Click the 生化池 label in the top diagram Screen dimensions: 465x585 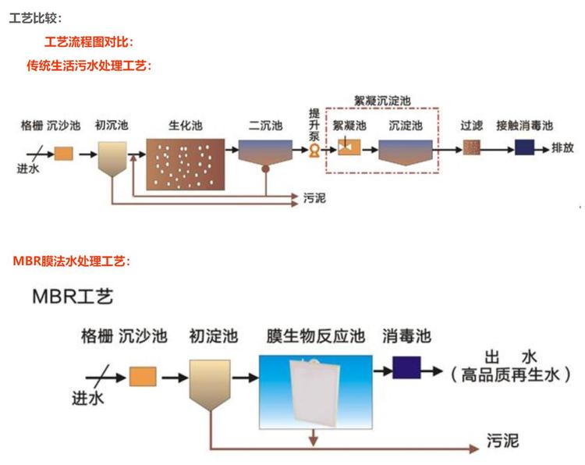(186, 125)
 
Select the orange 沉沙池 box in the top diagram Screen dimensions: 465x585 (63, 154)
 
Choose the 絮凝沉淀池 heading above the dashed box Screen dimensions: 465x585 (382, 101)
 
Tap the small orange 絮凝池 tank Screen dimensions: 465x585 (347, 147)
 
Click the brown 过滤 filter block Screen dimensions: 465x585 (471, 147)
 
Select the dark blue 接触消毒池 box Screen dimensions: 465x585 (524, 147)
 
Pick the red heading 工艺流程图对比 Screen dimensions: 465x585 (94, 42)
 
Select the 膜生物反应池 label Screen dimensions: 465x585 (315, 337)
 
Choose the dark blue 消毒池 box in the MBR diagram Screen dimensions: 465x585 (406, 367)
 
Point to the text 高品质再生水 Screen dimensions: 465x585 (505, 376)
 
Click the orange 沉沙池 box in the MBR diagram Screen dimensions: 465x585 (143, 377)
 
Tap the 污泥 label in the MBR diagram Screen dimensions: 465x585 (503, 441)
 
